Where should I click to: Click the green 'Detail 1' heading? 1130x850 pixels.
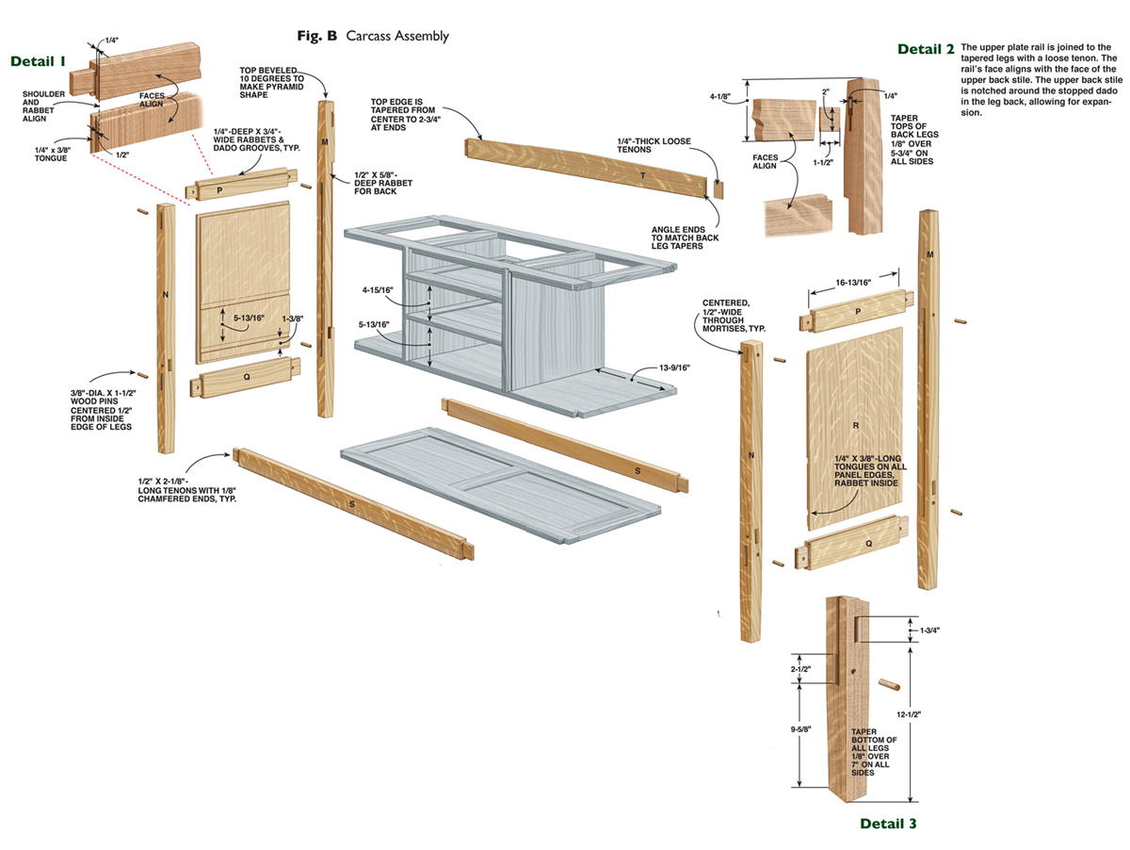coord(39,61)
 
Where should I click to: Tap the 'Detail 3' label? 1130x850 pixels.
coord(887,824)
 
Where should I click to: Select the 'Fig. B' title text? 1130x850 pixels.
coord(317,36)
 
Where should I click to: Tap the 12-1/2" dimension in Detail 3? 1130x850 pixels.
coord(910,714)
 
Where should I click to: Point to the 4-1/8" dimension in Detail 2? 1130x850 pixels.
coord(724,96)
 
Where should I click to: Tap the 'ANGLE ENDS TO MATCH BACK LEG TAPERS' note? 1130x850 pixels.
coord(685,238)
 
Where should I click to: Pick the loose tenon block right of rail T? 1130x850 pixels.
coord(718,188)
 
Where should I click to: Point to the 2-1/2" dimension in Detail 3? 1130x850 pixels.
coord(801,669)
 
